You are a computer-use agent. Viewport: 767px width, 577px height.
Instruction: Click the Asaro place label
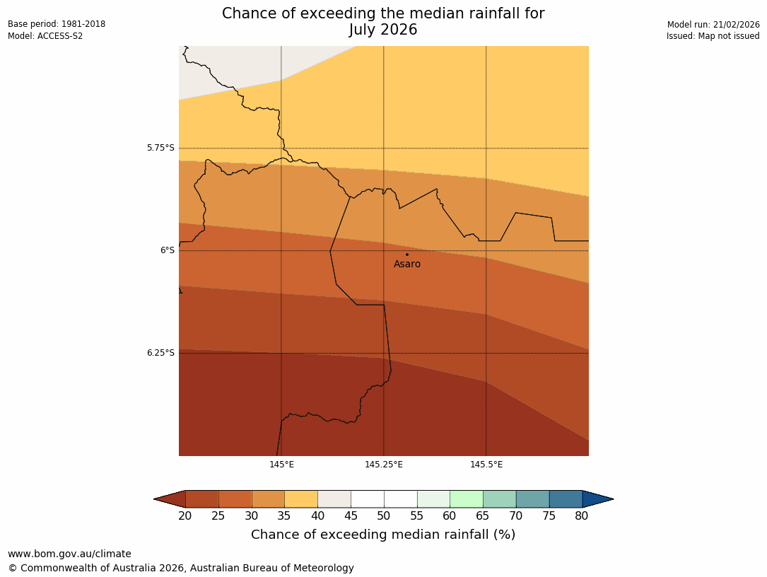point(407,264)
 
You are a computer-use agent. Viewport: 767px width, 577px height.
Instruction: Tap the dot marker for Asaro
point(407,255)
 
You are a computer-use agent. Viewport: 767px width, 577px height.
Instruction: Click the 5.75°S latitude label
point(160,148)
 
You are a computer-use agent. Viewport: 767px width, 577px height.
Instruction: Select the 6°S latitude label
point(167,250)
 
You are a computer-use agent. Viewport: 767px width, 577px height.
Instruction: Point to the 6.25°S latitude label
point(160,353)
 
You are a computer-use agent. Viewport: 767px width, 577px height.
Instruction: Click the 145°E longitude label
point(281,465)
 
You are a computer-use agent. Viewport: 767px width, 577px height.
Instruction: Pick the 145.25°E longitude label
point(384,465)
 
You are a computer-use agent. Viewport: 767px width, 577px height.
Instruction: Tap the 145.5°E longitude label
point(486,465)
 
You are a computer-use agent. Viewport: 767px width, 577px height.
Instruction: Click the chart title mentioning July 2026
point(383,22)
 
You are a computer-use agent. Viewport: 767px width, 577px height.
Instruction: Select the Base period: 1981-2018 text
point(57,24)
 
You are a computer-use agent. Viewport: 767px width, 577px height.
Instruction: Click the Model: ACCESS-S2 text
point(45,36)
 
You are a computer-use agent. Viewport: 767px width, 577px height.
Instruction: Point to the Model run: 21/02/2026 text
point(713,25)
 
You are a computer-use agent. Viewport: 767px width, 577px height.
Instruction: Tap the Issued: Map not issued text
point(713,36)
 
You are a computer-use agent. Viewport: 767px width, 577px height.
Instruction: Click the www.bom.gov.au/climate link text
point(69,554)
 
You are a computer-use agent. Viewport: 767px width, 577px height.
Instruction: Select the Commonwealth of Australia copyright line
point(181,569)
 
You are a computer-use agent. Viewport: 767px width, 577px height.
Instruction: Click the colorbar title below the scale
point(383,535)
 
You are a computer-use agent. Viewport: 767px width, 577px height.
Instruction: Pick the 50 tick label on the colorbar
point(384,516)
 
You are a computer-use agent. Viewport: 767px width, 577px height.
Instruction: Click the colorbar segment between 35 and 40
point(301,499)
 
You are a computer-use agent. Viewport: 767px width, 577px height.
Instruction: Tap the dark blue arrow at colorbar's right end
point(597,499)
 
